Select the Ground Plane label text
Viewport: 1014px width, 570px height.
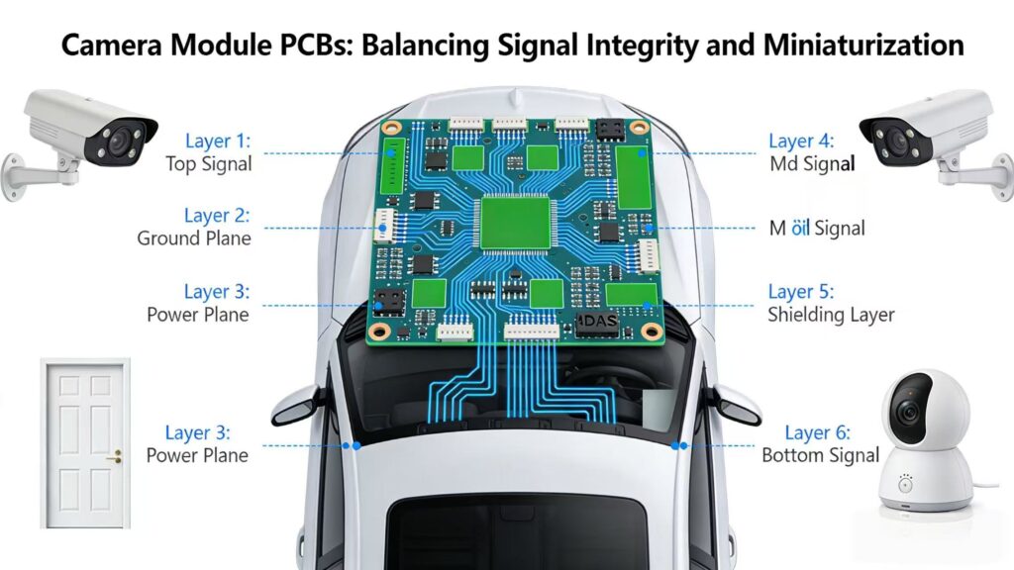pyautogui.click(x=194, y=238)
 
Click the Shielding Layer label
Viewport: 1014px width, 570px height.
pyautogui.click(x=831, y=315)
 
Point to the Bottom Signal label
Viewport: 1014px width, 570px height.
pyautogui.click(x=820, y=455)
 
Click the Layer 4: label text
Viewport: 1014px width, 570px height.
pyautogui.click(x=801, y=142)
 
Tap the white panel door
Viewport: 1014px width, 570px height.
pyautogui.click(x=84, y=443)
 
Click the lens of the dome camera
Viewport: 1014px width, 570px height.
pyautogui.click(x=908, y=413)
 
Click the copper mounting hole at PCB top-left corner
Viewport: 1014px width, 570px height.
pyautogui.click(x=392, y=128)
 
